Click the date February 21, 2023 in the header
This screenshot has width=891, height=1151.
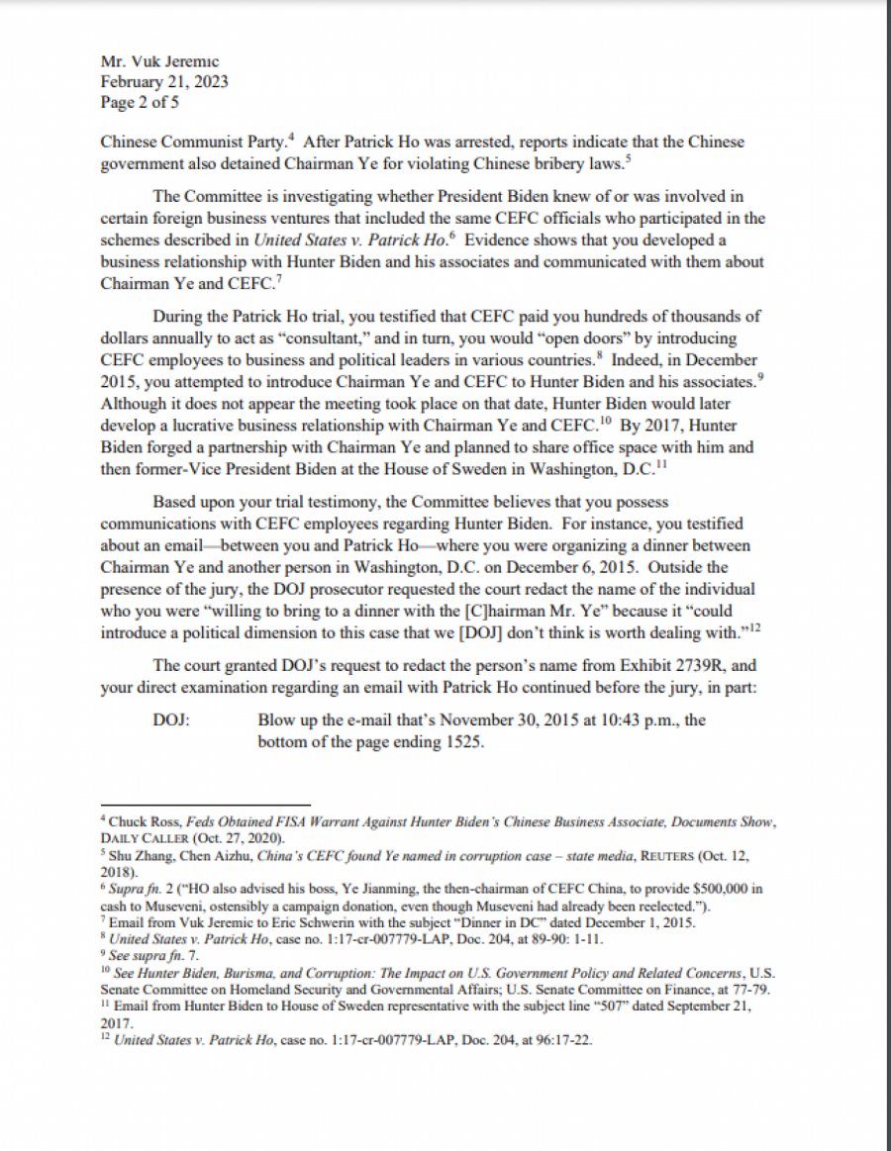coord(164,82)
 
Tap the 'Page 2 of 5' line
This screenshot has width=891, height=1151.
coord(140,102)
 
